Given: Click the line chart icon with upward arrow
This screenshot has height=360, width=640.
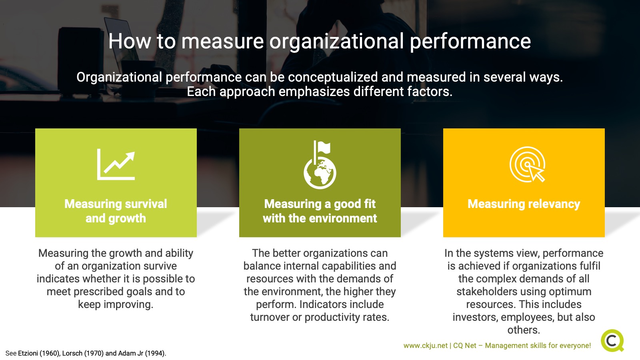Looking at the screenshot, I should [116, 164].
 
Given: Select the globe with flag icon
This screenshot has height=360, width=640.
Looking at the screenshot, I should [320, 165].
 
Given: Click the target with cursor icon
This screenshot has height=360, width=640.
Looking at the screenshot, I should [527, 164].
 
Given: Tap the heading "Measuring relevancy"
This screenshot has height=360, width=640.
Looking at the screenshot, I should [524, 204].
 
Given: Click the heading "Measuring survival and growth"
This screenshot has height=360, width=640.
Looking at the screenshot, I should [116, 211].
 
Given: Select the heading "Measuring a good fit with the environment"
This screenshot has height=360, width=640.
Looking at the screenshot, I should [320, 211].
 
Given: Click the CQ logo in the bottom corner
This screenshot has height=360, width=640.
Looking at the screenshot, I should [612, 340].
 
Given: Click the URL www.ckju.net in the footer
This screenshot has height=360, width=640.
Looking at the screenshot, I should [425, 346].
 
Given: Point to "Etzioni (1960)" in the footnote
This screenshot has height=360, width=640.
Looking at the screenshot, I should [39, 353].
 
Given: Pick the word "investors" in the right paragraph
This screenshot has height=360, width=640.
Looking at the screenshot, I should [475, 317].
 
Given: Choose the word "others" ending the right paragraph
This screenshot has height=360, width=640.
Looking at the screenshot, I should [523, 330].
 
